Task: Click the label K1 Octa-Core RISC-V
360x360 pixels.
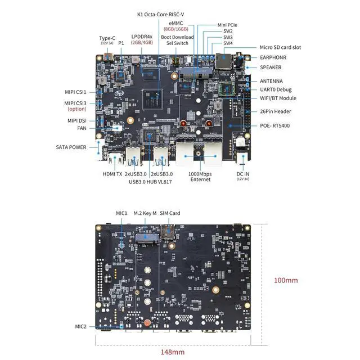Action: point(160,15)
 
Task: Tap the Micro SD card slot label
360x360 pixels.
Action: point(280,47)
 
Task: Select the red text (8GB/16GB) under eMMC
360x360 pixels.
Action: point(176,29)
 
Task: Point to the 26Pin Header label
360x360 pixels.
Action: point(275,111)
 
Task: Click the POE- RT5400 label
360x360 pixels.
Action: point(275,125)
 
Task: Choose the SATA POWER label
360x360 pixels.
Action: point(71,147)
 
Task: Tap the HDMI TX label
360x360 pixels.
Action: point(112,174)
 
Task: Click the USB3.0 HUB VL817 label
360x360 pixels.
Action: point(150,182)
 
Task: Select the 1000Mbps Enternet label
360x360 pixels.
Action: point(200,177)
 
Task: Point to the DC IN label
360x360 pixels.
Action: point(243,174)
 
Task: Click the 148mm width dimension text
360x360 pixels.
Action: point(173,352)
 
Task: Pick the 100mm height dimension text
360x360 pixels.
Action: point(286,280)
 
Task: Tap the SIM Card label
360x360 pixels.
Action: point(170,213)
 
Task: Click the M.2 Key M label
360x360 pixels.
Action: point(145,213)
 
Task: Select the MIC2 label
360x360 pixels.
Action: point(81,326)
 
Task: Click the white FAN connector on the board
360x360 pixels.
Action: point(117,128)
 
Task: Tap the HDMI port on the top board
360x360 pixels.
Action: point(115,157)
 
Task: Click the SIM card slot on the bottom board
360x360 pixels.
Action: point(168,232)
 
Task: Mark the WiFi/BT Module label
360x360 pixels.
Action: point(278,98)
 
